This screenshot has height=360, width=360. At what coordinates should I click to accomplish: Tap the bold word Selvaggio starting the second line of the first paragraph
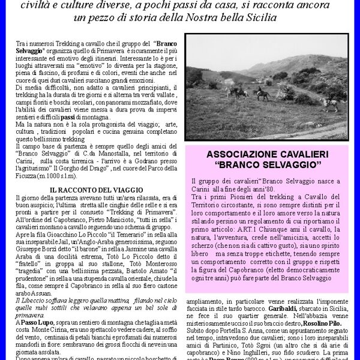(29, 52)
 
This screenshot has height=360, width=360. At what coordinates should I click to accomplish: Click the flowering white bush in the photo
(285, 91)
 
